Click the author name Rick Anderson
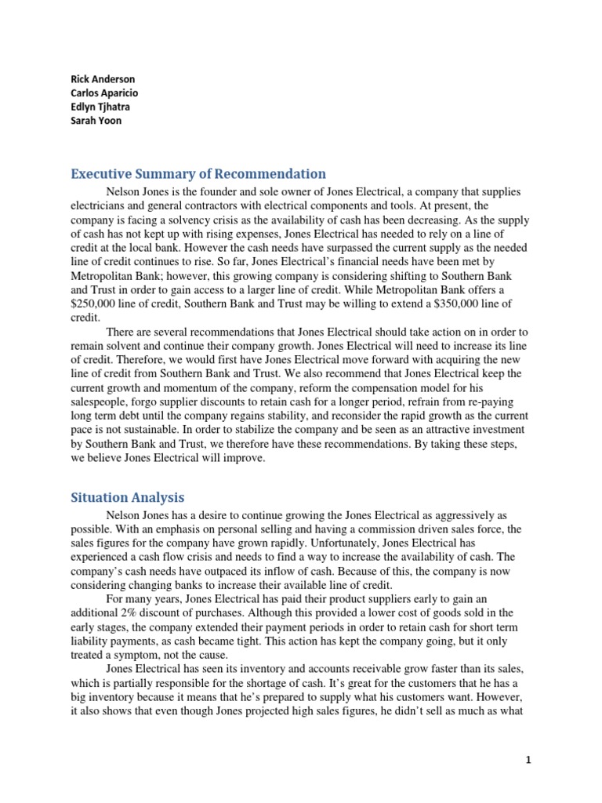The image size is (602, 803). (103, 79)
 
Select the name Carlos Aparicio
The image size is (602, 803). (104, 93)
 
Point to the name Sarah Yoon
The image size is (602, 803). (96, 122)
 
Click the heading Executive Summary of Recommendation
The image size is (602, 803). (198, 174)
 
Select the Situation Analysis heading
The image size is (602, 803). (127, 497)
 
